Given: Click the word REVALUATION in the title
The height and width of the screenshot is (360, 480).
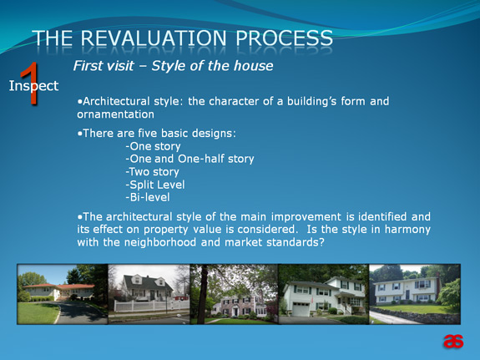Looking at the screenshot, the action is [x=154, y=38].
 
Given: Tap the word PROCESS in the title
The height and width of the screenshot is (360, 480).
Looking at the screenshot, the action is [x=284, y=38].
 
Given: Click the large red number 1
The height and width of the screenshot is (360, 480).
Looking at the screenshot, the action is [x=30, y=84].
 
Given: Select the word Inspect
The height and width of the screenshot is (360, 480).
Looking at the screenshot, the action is [x=33, y=86].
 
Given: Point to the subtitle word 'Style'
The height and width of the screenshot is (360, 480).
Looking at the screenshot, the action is [x=168, y=66].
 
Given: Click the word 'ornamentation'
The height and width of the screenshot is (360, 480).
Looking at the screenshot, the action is [x=116, y=114].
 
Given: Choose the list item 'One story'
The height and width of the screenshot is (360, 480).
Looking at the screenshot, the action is [x=153, y=146].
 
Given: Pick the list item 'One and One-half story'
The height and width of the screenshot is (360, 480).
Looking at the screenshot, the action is [x=189, y=159].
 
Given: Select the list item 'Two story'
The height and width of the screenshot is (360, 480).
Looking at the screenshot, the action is [x=153, y=172].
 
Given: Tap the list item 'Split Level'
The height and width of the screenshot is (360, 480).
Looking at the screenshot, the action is [x=155, y=185].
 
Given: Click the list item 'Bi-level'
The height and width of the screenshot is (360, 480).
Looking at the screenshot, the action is [x=148, y=197].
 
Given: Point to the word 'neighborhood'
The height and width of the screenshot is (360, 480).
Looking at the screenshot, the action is [x=160, y=242].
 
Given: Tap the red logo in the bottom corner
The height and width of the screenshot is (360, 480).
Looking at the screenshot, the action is [x=453, y=342].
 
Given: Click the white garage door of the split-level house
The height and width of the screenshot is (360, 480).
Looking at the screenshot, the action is [x=301, y=309].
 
